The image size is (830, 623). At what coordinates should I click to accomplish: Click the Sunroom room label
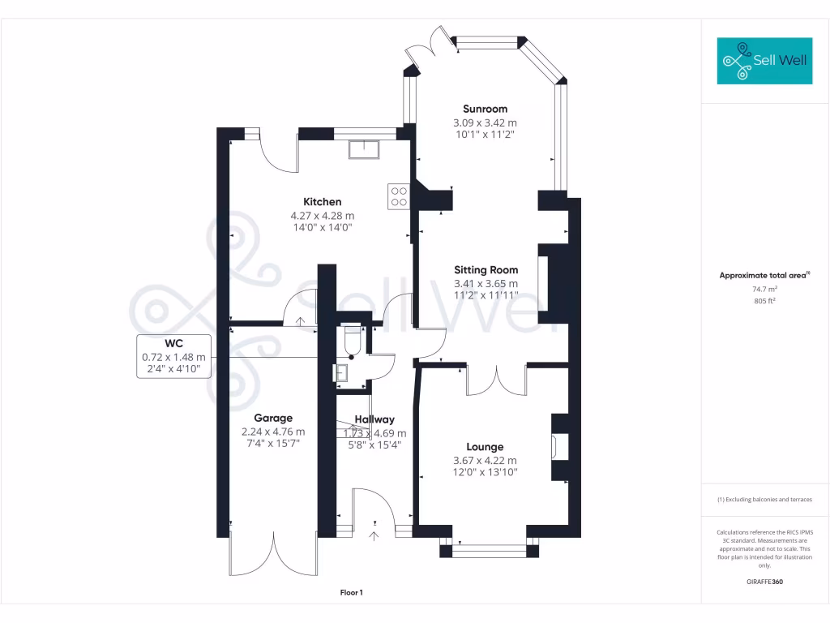[x=485, y=110]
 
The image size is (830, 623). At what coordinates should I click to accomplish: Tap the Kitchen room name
[x=323, y=202]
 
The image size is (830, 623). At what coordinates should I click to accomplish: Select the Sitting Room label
[x=486, y=270]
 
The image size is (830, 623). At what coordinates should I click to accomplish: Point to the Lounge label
[x=485, y=447]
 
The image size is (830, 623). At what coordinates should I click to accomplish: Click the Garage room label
[x=273, y=418]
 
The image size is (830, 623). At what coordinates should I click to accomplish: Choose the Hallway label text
[x=374, y=419]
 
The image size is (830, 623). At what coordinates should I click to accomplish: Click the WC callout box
[x=173, y=356]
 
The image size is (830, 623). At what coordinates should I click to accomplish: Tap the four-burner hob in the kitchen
[x=399, y=196]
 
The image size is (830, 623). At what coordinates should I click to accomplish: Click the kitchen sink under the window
[x=364, y=150]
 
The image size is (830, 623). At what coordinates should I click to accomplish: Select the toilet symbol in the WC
[x=353, y=340]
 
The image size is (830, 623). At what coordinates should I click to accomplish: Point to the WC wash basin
[x=341, y=372]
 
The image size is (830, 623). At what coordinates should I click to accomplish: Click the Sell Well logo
[x=764, y=61]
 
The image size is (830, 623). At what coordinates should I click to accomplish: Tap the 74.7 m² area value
[x=765, y=290]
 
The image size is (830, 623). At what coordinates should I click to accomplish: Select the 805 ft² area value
[x=765, y=301]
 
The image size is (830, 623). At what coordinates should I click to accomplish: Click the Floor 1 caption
[x=352, y=593]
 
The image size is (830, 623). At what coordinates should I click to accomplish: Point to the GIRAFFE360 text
[x=765, y=582]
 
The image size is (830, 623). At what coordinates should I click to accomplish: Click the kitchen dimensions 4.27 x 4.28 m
[x=323, y=216]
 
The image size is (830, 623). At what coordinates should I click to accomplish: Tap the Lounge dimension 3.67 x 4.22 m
[x=485, y=461]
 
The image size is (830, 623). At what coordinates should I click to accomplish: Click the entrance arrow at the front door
[x=374, y=535]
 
